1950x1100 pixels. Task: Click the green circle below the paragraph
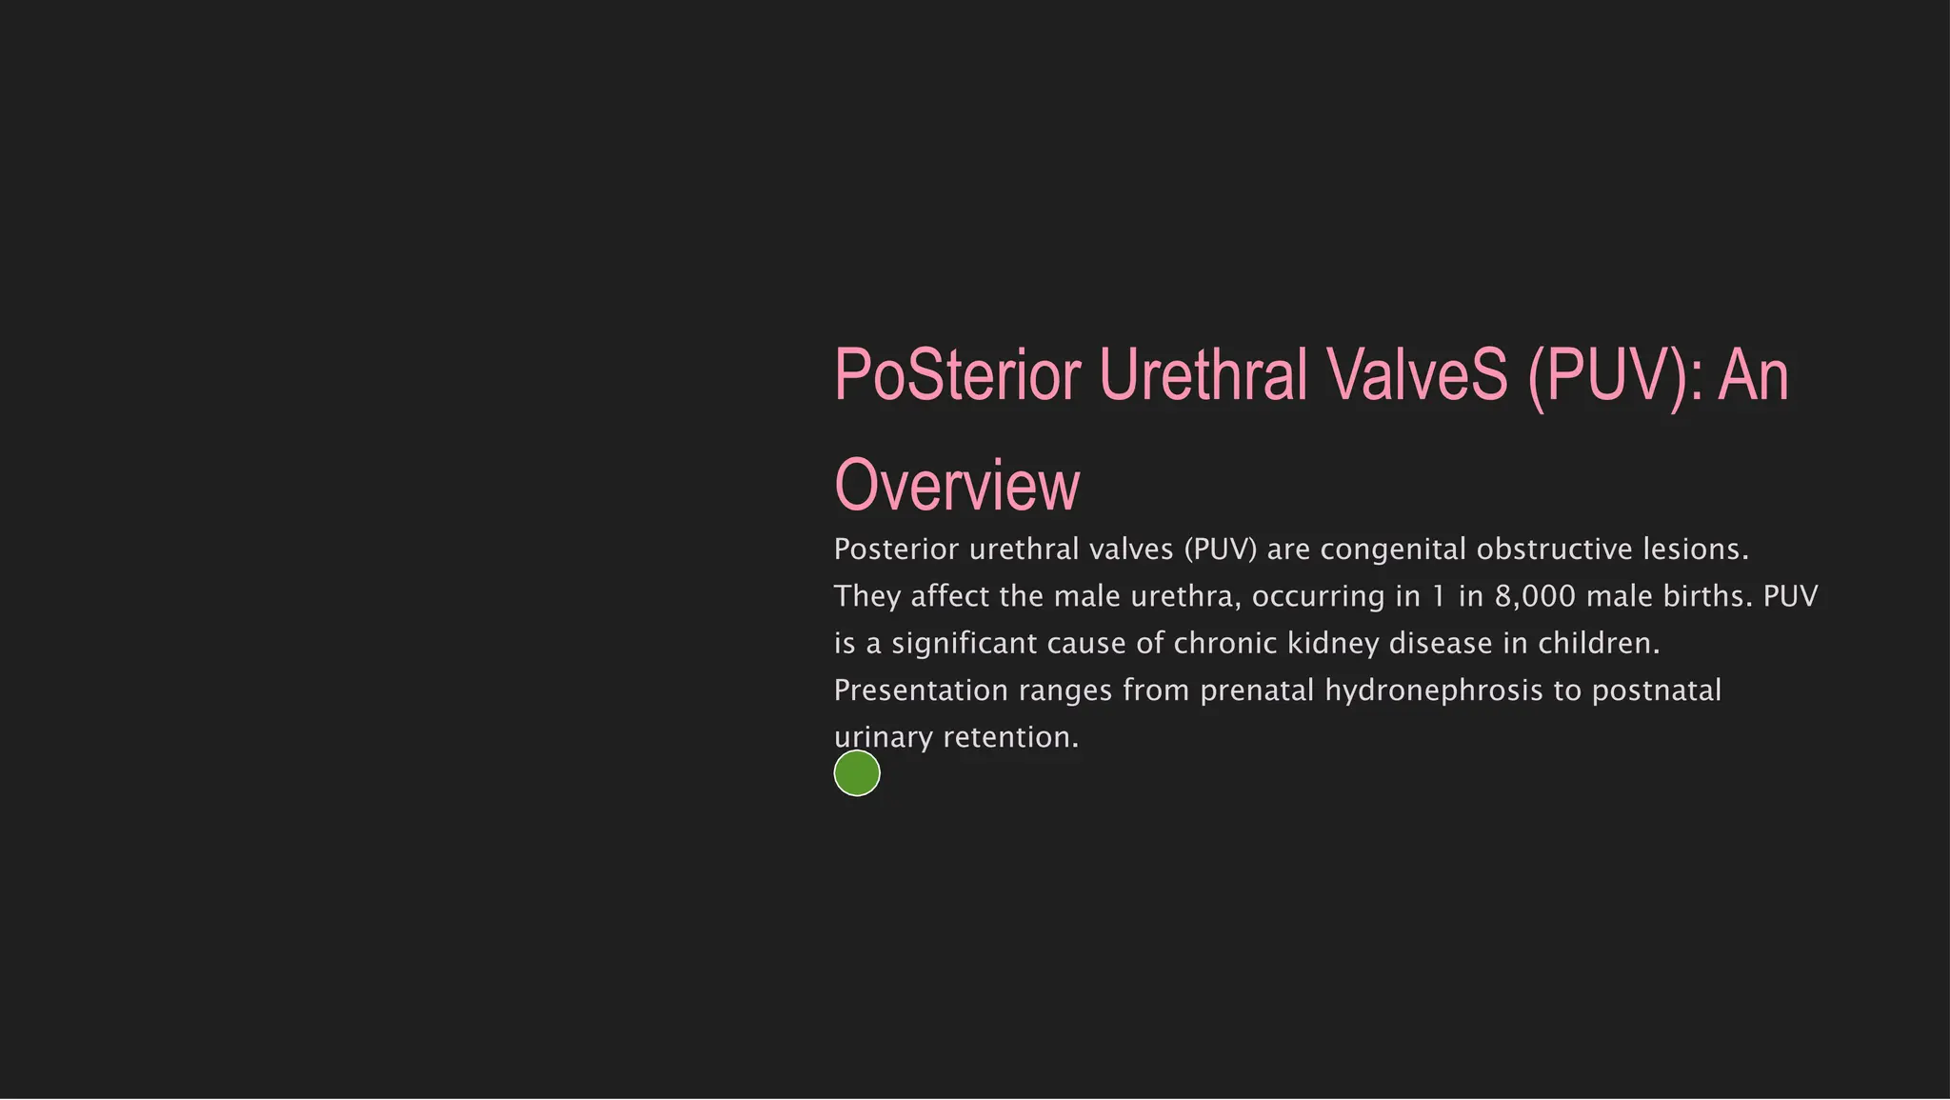857,773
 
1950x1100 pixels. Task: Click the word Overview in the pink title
957,486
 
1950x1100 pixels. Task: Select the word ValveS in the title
1408,375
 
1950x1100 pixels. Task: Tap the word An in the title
1753,375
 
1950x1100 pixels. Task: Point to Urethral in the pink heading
1204,375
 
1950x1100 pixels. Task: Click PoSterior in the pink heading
957,375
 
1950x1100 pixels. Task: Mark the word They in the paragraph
866,597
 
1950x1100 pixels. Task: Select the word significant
964,644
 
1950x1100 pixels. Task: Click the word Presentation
921,690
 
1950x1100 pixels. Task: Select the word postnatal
1657,690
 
